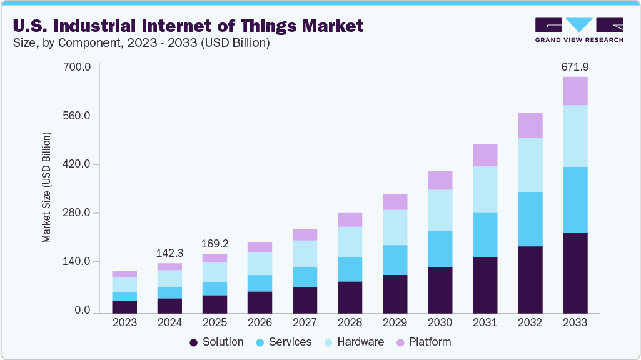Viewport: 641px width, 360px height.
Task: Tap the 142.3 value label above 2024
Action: click(x=170, y=253)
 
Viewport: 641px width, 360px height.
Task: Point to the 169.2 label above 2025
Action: click(x=215, y=243)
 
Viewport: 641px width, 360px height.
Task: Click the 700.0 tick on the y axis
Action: click(x=78, y=66)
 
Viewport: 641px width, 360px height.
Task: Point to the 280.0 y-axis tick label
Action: click(x=78, y=213)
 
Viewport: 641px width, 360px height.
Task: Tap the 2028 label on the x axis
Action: click(x=350, y=322)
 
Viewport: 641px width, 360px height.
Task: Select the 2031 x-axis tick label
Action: click(x=485, y=322)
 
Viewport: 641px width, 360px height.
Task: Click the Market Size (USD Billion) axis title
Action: click(x=46, y=187)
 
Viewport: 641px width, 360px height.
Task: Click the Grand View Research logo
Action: click(x=578, y=29)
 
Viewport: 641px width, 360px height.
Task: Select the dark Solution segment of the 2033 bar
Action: click(x=575, y=273)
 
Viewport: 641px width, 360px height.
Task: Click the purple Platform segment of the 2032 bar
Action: click(x=530, y=126)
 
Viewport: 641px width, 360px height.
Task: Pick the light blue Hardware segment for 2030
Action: click(x=440, y=210)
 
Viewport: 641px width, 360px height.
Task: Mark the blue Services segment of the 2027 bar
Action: click(x=305, y=277)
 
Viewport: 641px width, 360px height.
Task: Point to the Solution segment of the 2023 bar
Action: click(x=125, y=307)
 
